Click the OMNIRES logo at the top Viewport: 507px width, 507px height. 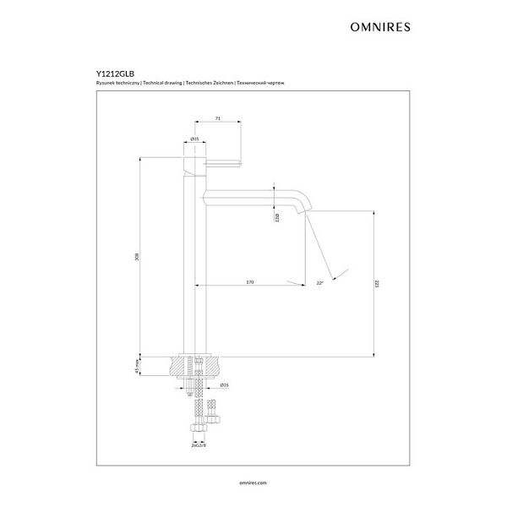coord(379,26)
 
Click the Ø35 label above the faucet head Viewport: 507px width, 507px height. coord(194,139)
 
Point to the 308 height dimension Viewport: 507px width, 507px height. coord(137,257)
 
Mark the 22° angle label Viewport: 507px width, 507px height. coord(320,283)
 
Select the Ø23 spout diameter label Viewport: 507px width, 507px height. coord(277,219)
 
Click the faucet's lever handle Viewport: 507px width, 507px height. coord(221,159)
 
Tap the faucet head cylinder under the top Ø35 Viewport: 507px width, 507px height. coord(194,161)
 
